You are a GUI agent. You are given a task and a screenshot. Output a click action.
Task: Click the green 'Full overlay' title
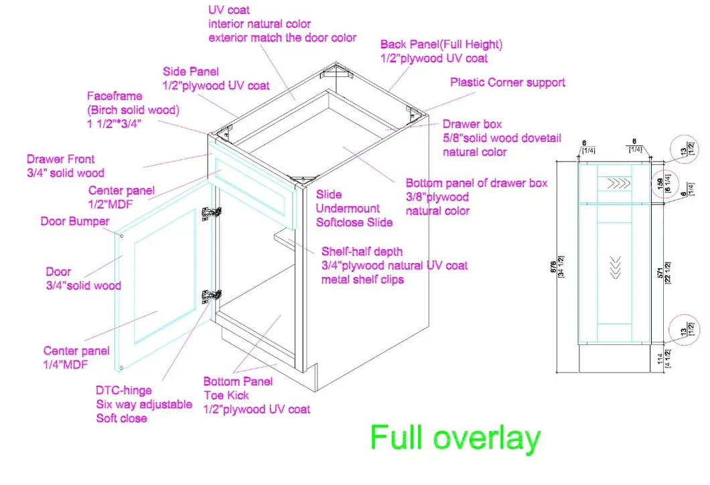[455, 438]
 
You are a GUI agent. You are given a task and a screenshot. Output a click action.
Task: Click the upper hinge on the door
[212, 212]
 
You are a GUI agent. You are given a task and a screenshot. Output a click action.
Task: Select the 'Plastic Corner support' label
[507, 83]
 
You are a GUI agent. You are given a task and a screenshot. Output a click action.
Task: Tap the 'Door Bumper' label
[74, 221]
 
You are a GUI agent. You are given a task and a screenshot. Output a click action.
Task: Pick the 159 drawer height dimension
[659, 183]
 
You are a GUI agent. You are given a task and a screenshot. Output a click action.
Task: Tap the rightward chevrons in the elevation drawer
[615, 182]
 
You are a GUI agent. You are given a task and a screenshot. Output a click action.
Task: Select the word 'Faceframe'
[115, 96]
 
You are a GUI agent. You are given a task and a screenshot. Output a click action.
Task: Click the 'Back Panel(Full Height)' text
[441, 45]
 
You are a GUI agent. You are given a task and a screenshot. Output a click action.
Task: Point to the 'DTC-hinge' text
[124, 390]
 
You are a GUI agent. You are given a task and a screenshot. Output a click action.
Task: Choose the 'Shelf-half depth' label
[362, 252]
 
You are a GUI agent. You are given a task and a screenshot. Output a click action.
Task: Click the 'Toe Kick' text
[226, 395]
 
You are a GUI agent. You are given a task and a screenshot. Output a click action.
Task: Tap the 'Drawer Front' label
[60, 159]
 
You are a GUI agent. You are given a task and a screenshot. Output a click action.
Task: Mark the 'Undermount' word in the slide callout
[348, 208]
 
